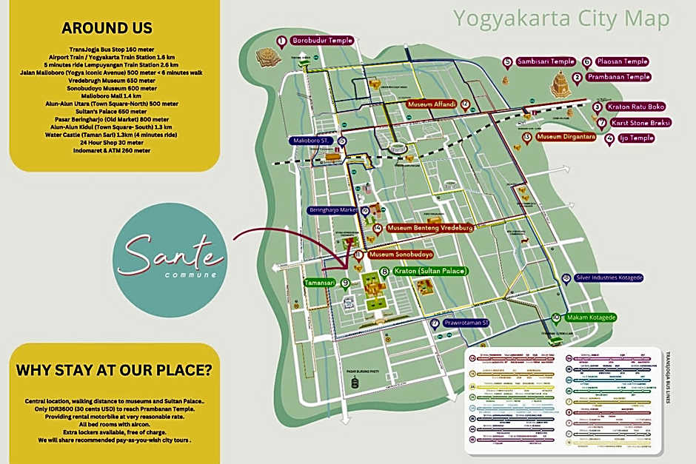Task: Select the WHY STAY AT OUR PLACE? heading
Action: tap(113, 369)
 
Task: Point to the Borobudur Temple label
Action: tap(322, 40)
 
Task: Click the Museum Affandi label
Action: tap(432, 105)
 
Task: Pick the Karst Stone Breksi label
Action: tap(635, 122)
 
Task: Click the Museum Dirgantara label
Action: tap(566, 137)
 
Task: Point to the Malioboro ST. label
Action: tap(314, 140)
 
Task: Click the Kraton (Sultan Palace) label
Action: tap(431, 272)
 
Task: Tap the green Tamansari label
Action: tap(319, 283)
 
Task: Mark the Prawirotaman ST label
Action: tap(466, 323)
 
